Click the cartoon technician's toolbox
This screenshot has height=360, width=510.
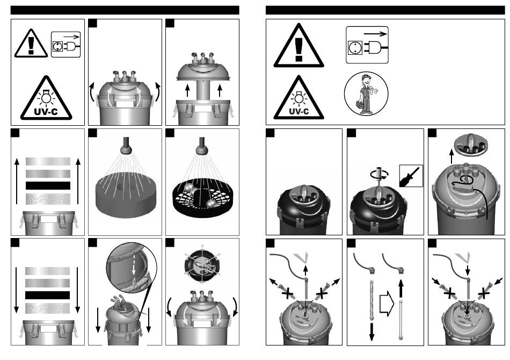[x=360, y=105]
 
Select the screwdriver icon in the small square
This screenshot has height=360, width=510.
[x=411, y=176]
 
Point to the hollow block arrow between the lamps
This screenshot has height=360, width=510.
[x=387, y=304]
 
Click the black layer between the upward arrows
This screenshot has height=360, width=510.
[x=48, y=185]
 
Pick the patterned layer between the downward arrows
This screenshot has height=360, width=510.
[x=47, y=308]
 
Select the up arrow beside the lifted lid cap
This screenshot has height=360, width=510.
[x=451, y=156]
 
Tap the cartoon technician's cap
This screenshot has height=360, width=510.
[x=366, y=77]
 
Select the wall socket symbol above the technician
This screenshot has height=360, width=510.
[x=353, y=48]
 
